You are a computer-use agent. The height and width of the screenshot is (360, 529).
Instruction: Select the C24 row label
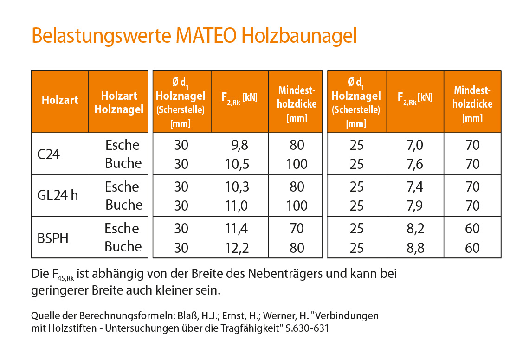click(x=49, y=154)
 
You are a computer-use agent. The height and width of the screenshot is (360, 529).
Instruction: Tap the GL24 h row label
click(x=58, y=196)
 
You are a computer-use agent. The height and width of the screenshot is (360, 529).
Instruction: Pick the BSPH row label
click(x=53, y=238)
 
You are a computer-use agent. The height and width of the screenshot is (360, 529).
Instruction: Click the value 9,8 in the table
click(x=239, y=145)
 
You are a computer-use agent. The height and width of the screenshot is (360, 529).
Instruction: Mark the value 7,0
click(x=414, y=145)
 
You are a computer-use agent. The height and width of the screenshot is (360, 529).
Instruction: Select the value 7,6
click(x=414, y=164)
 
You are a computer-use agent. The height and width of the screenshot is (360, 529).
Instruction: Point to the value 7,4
click(x=414, y=187)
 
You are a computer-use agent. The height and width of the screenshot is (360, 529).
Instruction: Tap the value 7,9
click(x=414, y=206)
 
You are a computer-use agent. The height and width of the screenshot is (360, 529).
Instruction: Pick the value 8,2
click(x=414, y=229)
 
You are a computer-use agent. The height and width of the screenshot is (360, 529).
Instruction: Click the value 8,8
click(x=414, y=248)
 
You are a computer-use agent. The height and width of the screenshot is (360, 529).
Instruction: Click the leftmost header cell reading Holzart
click(x=60, y=100)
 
